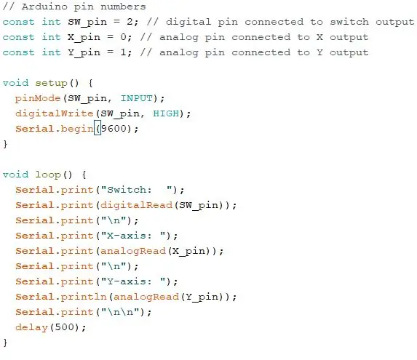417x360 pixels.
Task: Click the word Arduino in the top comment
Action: (44, 7)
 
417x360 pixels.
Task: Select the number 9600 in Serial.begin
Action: (114, 129)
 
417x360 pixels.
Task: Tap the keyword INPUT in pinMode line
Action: (137, 98)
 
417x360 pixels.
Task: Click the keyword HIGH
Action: (166, 113)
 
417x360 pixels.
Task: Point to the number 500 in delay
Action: (64, 327)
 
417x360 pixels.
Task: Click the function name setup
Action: (51, 84)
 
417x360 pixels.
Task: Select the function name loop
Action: (48, 175)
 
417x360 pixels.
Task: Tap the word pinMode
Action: (38, 99)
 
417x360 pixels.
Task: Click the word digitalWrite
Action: (55, 113)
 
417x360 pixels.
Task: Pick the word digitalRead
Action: (137, 205)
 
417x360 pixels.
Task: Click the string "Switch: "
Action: (139, 190)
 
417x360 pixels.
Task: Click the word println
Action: (84, 297)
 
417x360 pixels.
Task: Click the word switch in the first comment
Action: (349, 22)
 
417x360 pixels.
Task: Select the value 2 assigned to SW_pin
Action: (130, 22)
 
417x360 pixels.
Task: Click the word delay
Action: (31, 327)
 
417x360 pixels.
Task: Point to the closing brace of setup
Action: (5, 145)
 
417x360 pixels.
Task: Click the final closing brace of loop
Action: (5, 343)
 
